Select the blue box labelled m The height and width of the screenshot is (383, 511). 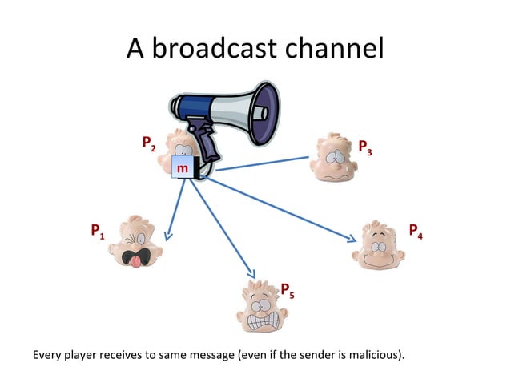(183, 169)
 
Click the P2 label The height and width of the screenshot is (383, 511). (148, 144)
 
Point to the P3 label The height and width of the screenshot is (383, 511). (364, 147)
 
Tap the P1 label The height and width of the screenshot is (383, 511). (97, 233)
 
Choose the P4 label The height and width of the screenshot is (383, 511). (416, 232)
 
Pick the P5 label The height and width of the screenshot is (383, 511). (287, 290)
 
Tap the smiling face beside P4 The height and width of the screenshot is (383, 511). (376, 244)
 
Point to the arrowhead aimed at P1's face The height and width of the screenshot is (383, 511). (168, 236)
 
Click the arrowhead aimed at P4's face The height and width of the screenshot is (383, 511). (352, 238)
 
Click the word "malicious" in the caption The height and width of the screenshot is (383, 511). (372, 353)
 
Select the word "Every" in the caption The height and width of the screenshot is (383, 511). (46, 353)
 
